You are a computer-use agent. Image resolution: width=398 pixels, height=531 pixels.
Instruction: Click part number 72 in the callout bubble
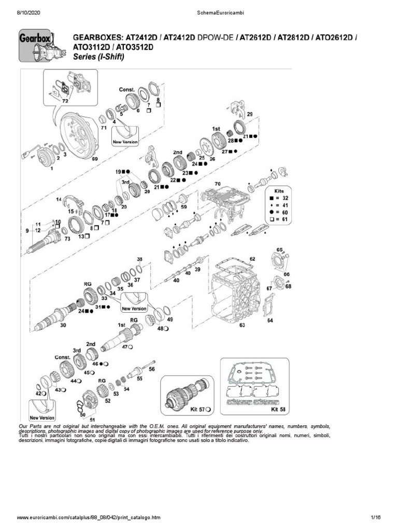coord(65,101)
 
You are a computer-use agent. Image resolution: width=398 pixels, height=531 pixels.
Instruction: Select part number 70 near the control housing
coord(218,184)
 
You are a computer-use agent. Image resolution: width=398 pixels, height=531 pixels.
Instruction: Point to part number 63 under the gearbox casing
coord(242,325)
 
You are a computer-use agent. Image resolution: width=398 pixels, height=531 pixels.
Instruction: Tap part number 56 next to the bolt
coord(152,369)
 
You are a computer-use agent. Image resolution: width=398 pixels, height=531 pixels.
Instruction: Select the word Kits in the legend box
coord(285,190)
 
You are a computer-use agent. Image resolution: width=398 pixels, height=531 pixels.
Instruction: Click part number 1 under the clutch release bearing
coord(52,169)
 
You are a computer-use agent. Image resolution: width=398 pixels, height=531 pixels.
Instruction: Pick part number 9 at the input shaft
coord(27,229)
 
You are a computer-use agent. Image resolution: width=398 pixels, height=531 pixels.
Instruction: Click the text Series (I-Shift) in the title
coord(99,57)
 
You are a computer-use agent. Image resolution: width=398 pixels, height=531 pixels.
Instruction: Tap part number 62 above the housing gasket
coord(252,258)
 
